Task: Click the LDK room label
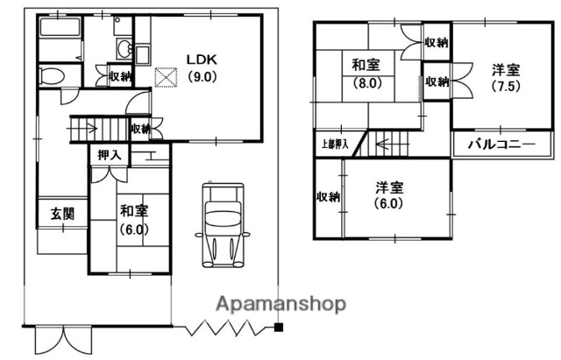pos(200,60)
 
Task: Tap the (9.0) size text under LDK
pos(201,76)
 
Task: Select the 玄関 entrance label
pos(61,213)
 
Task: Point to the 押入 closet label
pos(109,155)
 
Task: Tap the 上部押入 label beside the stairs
pos(331,143)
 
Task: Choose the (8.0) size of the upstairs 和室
pos(366,85)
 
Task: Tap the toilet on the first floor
pos(52,75)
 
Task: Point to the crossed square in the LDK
pos(165,77)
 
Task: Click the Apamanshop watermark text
pos(280,304)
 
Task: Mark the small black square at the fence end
pos(278,328)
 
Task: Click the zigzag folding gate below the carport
pos(227,328)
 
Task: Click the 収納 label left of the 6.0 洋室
pos(329,197)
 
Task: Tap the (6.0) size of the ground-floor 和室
pos(132,230)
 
